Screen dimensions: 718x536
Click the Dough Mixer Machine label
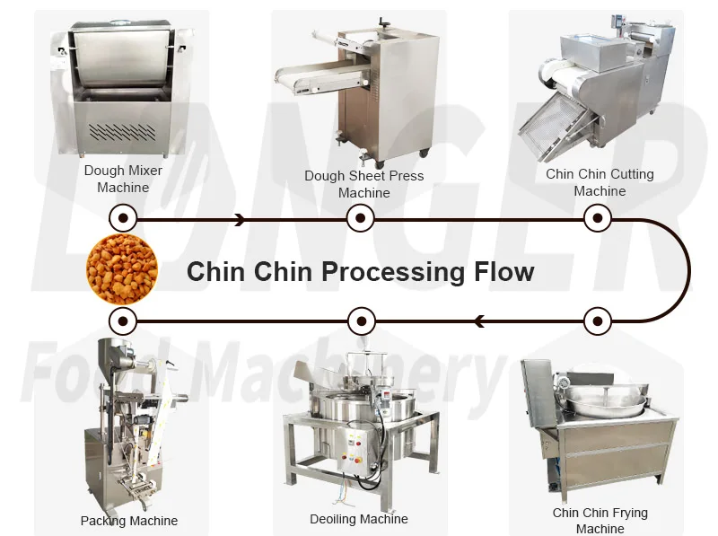123,179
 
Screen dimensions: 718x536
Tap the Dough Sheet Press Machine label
364,184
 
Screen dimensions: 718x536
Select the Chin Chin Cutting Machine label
600,182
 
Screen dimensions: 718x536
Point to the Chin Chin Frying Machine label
600,521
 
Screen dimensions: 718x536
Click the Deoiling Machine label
358,519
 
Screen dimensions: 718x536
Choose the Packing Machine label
129,521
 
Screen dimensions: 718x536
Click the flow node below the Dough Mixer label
123,218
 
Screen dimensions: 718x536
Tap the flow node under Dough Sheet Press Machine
361,218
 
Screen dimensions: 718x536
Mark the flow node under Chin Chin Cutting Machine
598,218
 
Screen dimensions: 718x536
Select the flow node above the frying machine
598,321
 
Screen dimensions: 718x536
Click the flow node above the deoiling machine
362,321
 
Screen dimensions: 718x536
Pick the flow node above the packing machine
123,321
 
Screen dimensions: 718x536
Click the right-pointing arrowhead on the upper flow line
240,220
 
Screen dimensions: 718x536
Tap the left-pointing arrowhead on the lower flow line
479,321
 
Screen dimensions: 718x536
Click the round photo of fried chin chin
122,269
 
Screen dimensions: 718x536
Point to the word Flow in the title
503,271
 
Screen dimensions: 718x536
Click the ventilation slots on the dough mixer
122,131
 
